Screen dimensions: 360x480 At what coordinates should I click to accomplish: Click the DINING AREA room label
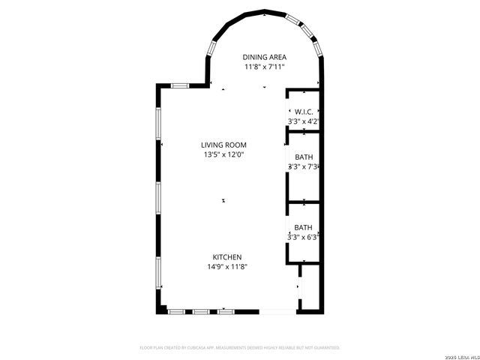265,57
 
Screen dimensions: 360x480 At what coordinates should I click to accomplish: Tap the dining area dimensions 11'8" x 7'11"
265,67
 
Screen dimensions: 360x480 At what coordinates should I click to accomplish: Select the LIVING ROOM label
223,145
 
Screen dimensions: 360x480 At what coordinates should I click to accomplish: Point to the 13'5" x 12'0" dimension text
223,154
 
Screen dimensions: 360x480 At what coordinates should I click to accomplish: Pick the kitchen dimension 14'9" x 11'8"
227,267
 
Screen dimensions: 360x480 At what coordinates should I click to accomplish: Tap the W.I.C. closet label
304,112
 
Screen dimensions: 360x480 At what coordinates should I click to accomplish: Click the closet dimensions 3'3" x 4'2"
304,121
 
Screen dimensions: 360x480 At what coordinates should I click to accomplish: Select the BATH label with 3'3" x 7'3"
304,157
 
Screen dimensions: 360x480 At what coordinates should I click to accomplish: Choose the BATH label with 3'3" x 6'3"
304,227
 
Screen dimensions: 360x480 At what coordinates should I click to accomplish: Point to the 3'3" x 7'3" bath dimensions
304,166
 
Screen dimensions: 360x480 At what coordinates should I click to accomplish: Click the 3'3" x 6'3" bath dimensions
304,237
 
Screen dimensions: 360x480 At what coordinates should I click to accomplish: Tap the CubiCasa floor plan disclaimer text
240,348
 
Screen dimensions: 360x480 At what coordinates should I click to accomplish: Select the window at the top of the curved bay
265,13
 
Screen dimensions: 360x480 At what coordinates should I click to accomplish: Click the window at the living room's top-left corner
179,86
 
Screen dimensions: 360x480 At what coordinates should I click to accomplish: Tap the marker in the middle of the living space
223,200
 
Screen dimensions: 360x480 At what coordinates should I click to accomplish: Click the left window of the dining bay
211,49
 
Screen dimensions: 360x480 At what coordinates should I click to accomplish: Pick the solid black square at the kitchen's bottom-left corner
160,309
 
